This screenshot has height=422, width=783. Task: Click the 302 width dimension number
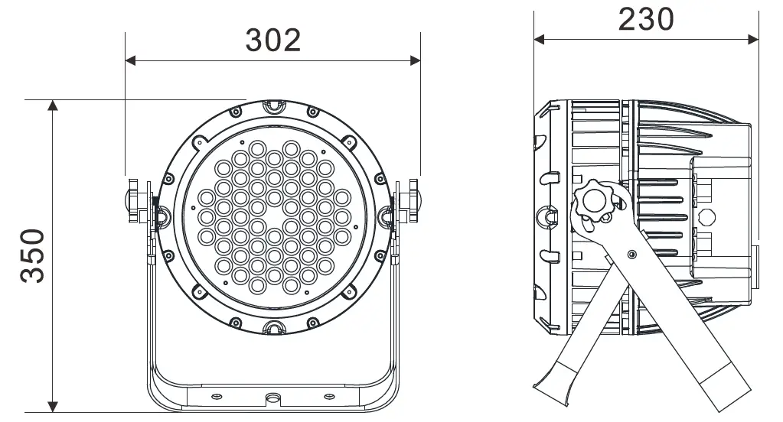[x=273, y=40]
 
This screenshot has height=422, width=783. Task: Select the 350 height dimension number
[x=33, y=255]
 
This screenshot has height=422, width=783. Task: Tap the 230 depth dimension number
[x=646, y=20]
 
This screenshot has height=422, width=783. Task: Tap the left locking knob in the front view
[x=135, y=199]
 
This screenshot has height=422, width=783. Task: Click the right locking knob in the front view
[x=412, y=199]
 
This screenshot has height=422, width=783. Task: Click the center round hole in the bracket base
[x=273, y=398]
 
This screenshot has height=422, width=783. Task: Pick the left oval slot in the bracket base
[x=217, y=395]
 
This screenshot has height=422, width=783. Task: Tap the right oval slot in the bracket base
[x=330, y=395]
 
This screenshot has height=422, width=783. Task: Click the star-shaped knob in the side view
[x=595, y=201]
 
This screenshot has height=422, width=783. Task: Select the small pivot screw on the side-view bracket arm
[x=631, y=252]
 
